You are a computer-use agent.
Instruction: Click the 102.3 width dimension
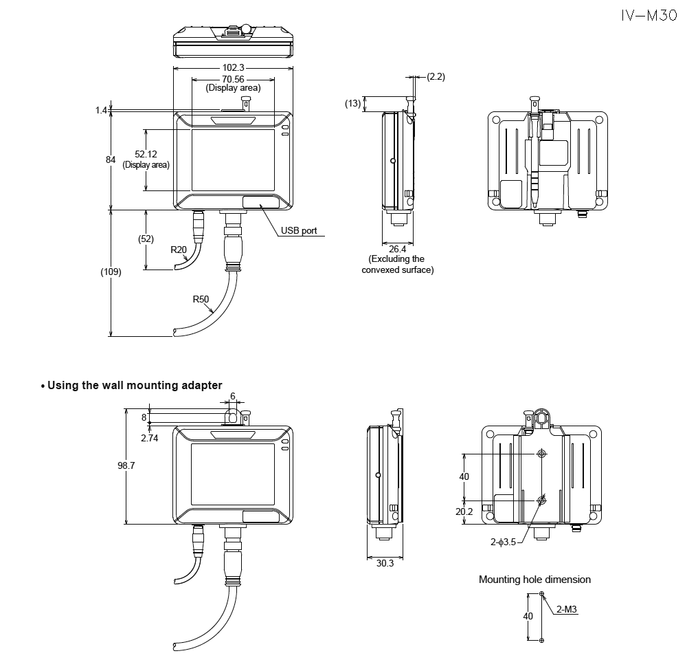[x=233, y=68]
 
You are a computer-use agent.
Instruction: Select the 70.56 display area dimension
[x=233, y=79]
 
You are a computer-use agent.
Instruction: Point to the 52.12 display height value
[x=146, y=154]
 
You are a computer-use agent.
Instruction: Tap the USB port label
[x=299, y=231]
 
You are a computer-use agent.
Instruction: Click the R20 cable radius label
[x=179, y=250]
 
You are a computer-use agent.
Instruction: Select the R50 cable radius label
[x=201, y=299]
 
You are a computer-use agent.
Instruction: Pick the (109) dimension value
[x=111, y=272]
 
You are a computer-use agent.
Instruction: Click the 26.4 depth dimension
[x=398, y=248]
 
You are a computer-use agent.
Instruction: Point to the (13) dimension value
[x=353, y=103]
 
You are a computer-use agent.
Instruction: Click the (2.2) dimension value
[x=436, y=76]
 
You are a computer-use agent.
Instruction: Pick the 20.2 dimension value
[x=464, y=511]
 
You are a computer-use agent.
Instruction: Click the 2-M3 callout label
[x=566, y=608]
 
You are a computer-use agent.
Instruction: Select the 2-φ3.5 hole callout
[x=503, y=542]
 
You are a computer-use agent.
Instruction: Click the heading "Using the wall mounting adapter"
[x=135, y=386]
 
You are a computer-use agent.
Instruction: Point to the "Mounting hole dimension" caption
[x=534, y=580]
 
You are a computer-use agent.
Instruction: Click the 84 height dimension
[x=110, y=159]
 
